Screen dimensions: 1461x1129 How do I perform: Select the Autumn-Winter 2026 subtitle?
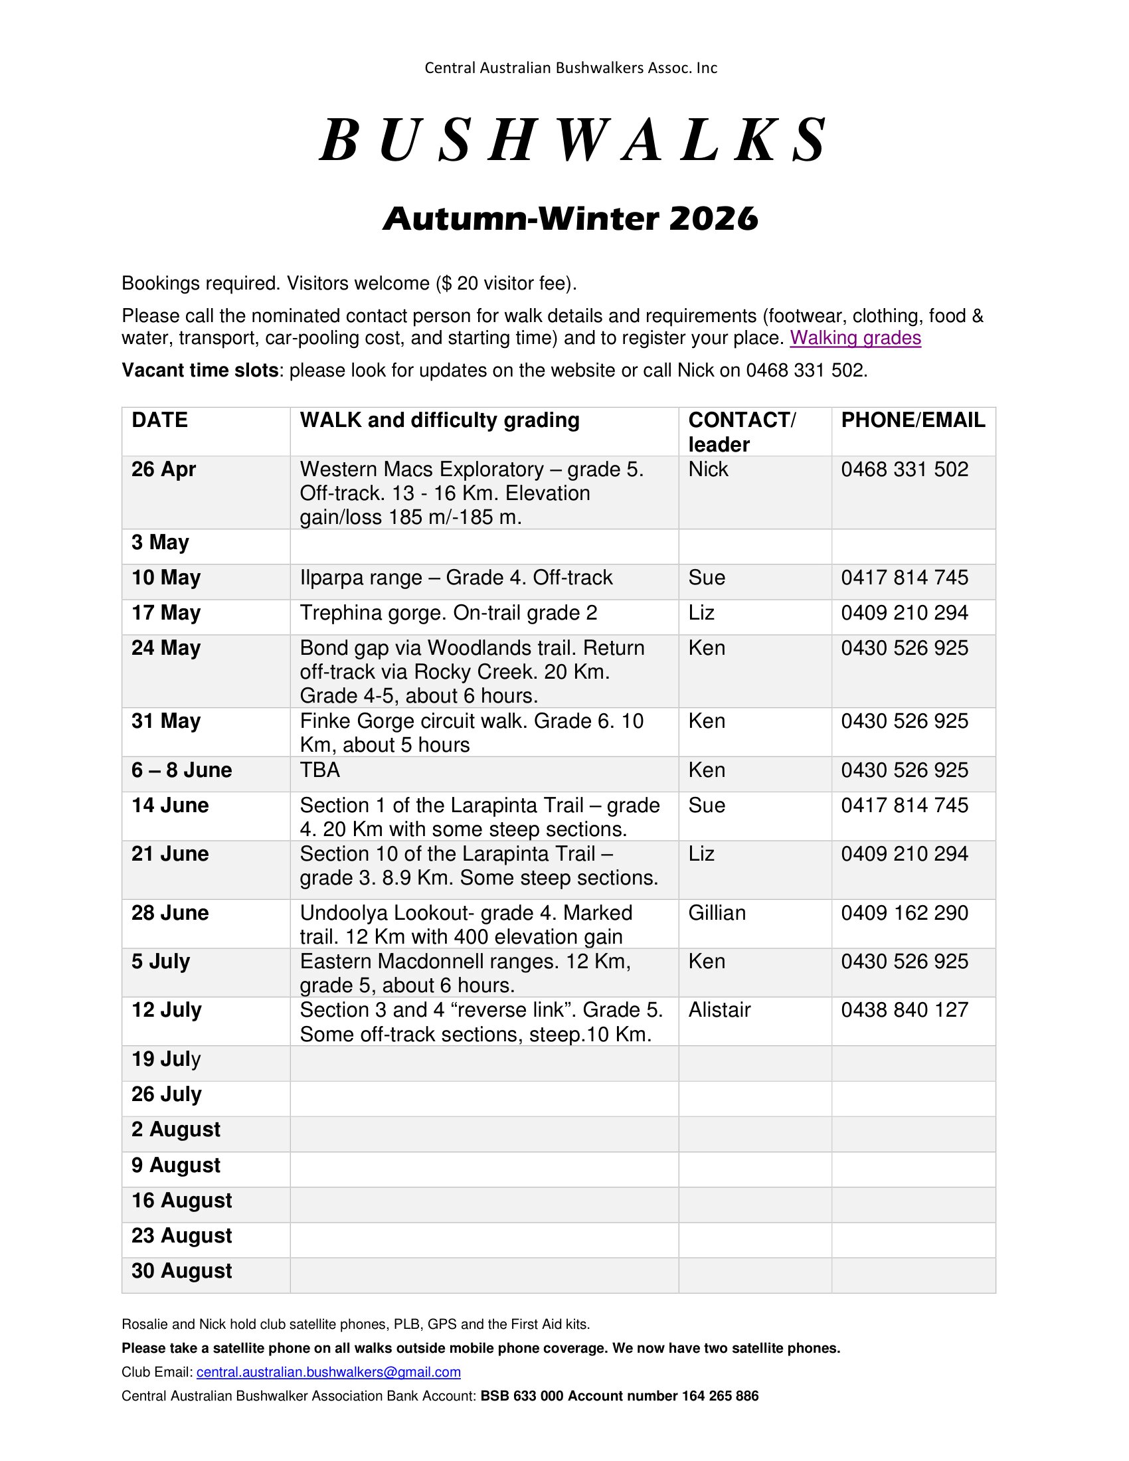click(x=570, y=218)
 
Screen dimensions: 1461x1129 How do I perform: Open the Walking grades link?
click(x=855, y=338)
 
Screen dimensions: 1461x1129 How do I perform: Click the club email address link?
click(x=328, y=1372)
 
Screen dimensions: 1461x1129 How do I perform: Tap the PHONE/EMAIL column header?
click(x=912, y=420)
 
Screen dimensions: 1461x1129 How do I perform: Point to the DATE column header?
click(x=160, y=420)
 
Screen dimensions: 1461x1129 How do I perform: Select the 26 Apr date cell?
click(x=163, y=470)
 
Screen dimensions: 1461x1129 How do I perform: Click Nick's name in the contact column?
click(x=708, y=470)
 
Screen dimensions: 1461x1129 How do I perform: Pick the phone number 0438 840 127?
click(x=905, y=1010)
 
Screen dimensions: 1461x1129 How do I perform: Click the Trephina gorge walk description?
click(x=448, y=613)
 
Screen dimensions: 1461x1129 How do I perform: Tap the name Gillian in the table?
click(x=717, y=913)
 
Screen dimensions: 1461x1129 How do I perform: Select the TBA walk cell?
click(x=319, y=770)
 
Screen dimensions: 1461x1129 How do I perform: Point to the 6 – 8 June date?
click(x=181, y=770)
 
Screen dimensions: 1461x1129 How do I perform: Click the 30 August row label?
click(x=181, y=1271)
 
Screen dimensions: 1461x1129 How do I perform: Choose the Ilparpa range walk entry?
click(x=456, y=577)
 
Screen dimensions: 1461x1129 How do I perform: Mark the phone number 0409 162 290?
click(x=905, y=913)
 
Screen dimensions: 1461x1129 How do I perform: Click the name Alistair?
click(x=719, y=1010)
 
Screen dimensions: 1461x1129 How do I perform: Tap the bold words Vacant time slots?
click(x=200, y=370)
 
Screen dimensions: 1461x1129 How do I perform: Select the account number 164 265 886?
click(x=720, y=1396)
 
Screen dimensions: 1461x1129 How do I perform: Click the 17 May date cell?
click(x=166, y=613)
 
